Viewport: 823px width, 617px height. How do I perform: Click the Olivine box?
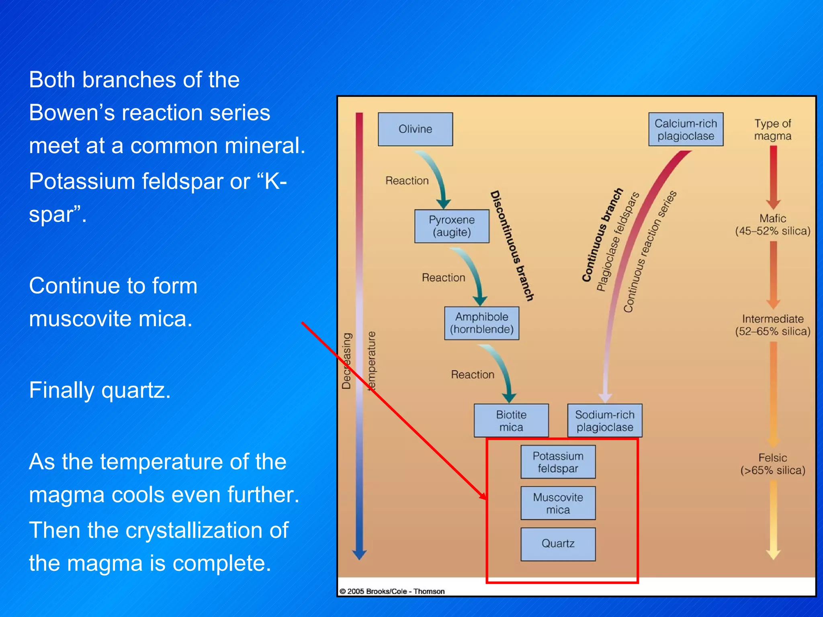[x=415, y=129]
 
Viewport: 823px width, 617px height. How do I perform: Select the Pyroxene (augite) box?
[x=452, y=226]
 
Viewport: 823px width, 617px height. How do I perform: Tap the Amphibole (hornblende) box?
[x=481, y=323]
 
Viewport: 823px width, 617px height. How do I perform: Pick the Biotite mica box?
[x=511, y=420]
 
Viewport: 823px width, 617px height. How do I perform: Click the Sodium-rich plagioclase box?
[x=604, y=420]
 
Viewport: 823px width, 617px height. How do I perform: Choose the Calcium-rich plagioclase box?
[x=686, y=129]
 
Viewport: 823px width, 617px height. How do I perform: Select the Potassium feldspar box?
[x=558, y=462]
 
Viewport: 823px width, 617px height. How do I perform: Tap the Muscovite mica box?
[x=558, y=503]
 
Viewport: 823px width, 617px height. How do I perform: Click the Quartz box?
[x=558, y=543]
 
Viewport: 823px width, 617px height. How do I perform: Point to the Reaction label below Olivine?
[x=407, y=181]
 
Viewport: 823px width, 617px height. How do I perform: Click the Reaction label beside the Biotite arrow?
[x=472, y=374]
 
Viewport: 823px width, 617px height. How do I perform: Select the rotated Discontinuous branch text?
[x=512, y=246]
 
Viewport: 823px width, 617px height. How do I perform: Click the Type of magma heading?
[x=772, y=129]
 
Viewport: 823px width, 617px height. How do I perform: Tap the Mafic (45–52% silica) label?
[x=772, y=225]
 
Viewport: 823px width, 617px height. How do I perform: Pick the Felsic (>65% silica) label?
[x=772, y=464]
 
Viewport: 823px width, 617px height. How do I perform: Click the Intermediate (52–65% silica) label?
[x=772, y=325]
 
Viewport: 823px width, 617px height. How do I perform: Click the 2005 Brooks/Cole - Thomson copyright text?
[x=392, y=591]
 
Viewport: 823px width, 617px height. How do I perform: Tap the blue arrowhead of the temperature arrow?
[x=359, y=555]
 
